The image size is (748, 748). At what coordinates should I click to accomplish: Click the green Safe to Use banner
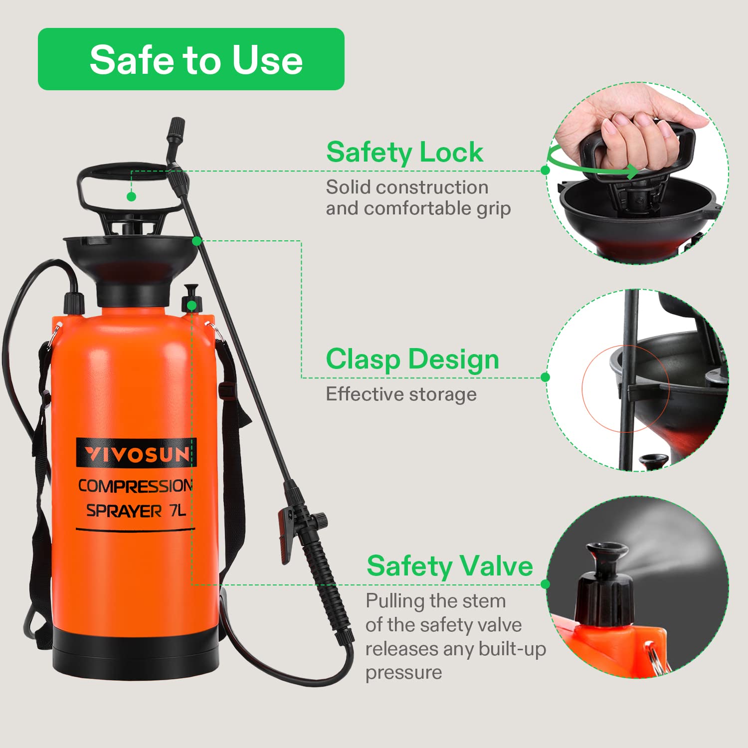click(191, 59)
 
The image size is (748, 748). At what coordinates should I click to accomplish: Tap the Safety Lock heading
click(404, 152)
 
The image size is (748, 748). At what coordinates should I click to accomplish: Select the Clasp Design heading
click(412, 360)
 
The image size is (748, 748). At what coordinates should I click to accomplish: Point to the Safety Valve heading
click(450, 566)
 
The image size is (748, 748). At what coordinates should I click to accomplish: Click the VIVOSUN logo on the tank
click(136, 453)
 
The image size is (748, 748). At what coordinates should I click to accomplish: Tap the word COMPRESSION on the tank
click(135, 486)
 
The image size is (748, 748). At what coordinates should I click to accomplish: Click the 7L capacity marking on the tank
click(178, 511)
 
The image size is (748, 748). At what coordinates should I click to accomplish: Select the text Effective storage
click(401, 394)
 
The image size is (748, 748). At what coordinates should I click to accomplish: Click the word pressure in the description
click(404, 673)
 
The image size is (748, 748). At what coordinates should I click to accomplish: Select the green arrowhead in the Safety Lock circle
click(632, 172)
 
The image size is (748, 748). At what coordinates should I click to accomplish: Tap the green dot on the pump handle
click(131, 196)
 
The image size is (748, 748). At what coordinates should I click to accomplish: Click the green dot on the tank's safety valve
click(192, 305)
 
